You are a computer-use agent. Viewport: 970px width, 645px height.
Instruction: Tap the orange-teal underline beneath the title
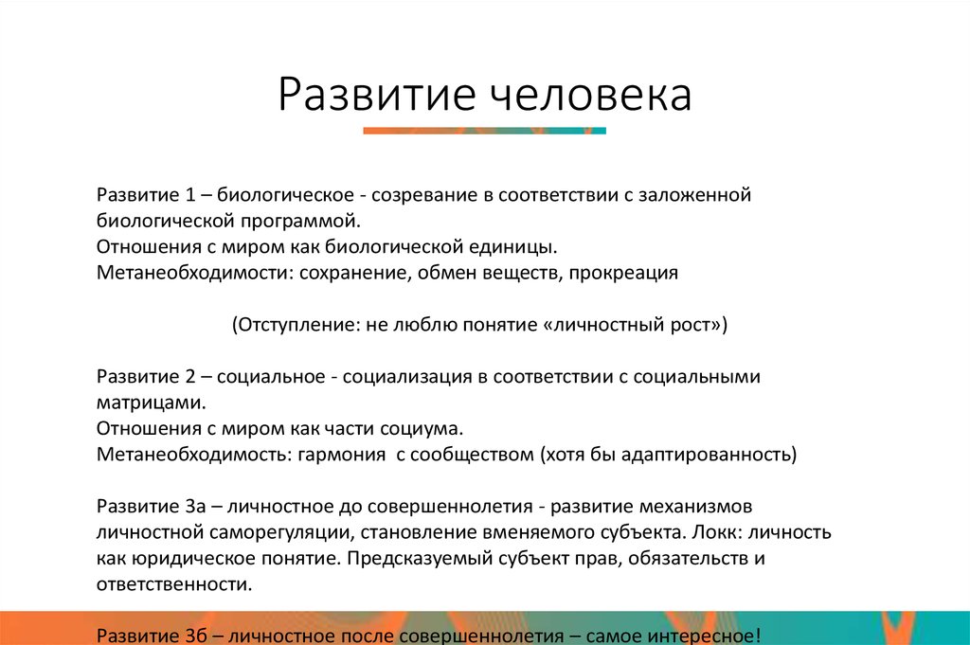point(484,131)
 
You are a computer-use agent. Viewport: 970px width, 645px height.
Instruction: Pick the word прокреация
point(625,273)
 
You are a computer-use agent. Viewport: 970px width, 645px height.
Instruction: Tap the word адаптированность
point(708,454)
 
